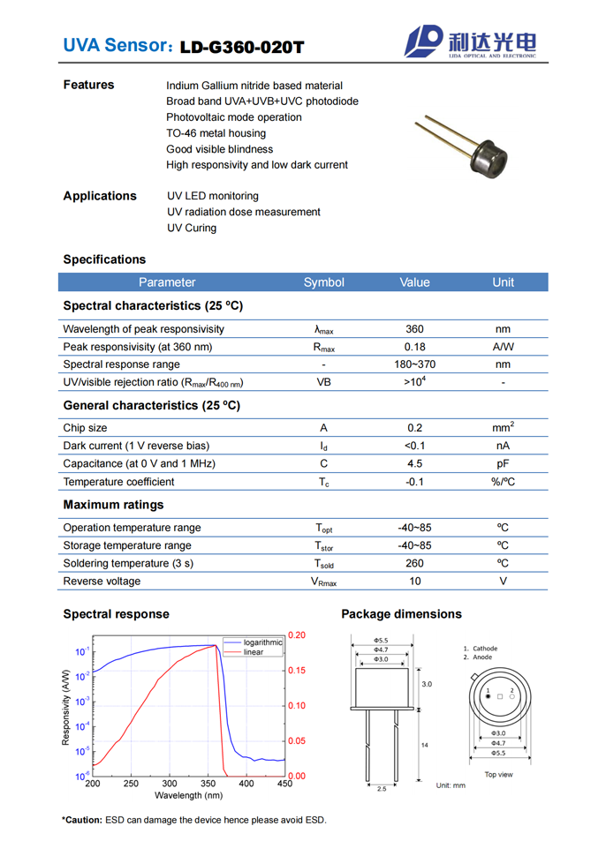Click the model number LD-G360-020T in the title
pyautogui.click(x=241, y=47)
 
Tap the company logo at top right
pyautogui.click(x=470, y=41)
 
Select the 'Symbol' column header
pyautogui.click(x=323, y=282)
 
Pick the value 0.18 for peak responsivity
pyautogui.click(x=414, y=347)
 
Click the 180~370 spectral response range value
pyautogui.click(x=414, y=364)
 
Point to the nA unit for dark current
pyautogui.click(x=503, y=446)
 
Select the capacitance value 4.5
pyautogui.click(x=414, y=463)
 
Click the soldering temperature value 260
pyautogui.click(x=414, y=563)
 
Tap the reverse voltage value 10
pyautogui.click(x=414, y=581)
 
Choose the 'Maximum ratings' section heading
pyautogui.click(x=113, y=505)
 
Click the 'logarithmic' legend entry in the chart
pyautogui.click(x=262, y=642)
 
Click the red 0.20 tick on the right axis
pyautogui.click(x=297, y=635)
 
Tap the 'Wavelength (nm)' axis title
pyautogui.click(x=189, y=795)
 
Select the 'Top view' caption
pyautogui.click(x=498, y=775)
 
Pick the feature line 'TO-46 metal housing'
pyautogui.click(x=216, y=133)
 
